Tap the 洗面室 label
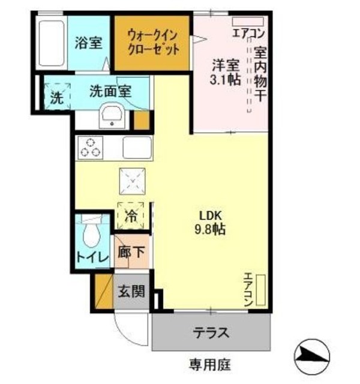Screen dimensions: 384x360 110,91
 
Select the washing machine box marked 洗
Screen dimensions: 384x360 56,97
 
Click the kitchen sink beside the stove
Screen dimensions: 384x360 136,147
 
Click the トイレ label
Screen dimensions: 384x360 92,258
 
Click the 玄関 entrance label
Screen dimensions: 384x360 131,292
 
